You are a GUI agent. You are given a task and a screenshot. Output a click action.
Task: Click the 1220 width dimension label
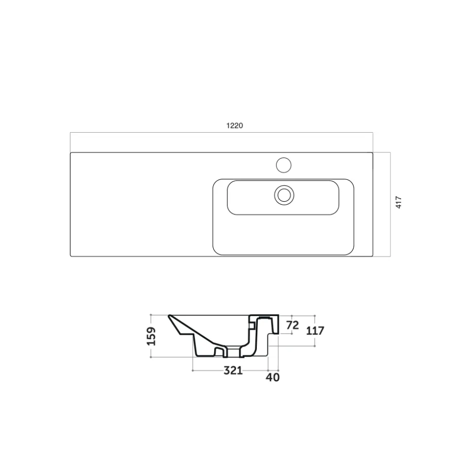235,125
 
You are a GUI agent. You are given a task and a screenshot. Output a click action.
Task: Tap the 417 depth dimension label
399,202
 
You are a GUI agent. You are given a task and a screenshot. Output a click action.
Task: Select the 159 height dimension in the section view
151,336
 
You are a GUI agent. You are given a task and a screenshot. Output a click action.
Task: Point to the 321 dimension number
233,370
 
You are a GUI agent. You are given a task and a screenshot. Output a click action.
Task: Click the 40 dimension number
272,377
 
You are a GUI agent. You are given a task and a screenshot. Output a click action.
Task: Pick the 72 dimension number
292,325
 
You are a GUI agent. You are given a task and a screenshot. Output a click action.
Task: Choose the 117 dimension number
315,331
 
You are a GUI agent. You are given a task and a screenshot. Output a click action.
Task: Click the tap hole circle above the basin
284,165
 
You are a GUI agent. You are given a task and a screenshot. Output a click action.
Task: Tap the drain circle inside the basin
284,195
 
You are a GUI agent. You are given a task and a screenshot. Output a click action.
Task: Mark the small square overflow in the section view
252,325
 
